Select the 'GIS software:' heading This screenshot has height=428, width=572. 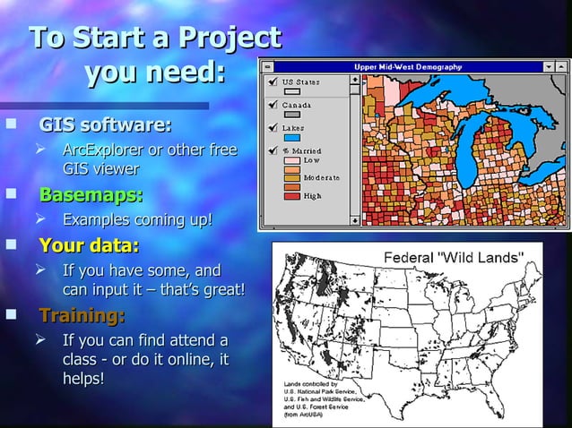pyautogui.click(x=106, y=124)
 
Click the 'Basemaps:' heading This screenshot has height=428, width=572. pyautogui.click(x=91, y=194)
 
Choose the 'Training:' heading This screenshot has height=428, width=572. pyautogui.click(x=82, y=315)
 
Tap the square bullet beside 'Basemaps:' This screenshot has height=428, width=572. pyautogui.click(x=11, y=193)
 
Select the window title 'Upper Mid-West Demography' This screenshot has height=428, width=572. pyautogui.click(x=407, y=66)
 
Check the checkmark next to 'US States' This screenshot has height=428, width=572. pyautogui.click(x=272, y=81)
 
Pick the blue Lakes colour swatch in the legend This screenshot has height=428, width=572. pyautogui.click(x=292, y=138)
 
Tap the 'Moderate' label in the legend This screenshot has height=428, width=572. pyautogui.click(x=321, y=178)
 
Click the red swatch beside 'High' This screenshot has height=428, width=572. pyautogui.click(x=292, y=195)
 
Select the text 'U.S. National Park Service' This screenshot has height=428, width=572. pyautogui.click(x=320, y=392)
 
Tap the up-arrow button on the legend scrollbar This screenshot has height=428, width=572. pyautogui.click(x=355, y=78)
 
